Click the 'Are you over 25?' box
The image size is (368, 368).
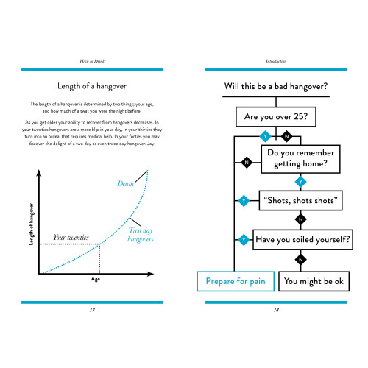276,117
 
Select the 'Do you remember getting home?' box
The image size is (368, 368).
300,159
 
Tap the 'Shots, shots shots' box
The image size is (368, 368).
300,200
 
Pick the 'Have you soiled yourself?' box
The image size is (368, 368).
302,239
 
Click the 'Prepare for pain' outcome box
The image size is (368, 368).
236,281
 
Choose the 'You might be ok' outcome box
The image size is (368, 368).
314,281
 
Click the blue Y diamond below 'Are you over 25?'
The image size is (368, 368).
265,136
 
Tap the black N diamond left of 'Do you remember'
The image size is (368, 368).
247,163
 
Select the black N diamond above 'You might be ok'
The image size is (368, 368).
301,260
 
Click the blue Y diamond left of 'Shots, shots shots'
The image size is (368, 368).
244,201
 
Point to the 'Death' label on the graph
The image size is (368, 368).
125,183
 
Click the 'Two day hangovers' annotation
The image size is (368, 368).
141,235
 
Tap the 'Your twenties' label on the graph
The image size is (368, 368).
71,237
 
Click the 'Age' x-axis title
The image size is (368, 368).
96,279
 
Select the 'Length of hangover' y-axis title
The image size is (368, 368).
31,224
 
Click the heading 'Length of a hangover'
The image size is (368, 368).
92,86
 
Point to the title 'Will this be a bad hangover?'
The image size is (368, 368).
276,86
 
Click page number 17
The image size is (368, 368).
92,310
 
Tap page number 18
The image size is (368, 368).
276,310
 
